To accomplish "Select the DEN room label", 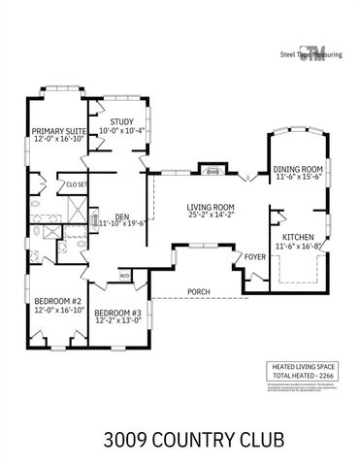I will click(122, 216).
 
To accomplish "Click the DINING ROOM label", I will click(298, 169).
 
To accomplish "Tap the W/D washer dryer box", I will click(125, 276).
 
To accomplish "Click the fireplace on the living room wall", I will click(209, 169).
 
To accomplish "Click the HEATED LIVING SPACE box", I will click(302, 370).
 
